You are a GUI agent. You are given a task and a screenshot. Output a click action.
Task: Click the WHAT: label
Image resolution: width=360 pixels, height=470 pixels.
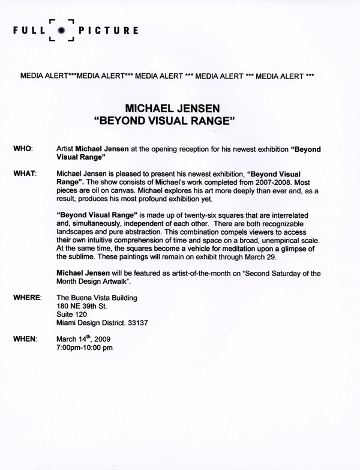pos(25,173)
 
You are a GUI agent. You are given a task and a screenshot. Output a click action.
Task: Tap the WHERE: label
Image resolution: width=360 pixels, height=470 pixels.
pos(28,297)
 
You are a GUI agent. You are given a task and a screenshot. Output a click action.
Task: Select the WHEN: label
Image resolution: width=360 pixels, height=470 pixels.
pos(25,339)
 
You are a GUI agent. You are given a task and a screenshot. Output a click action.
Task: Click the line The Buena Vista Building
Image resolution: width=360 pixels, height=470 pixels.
pos(94,297)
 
